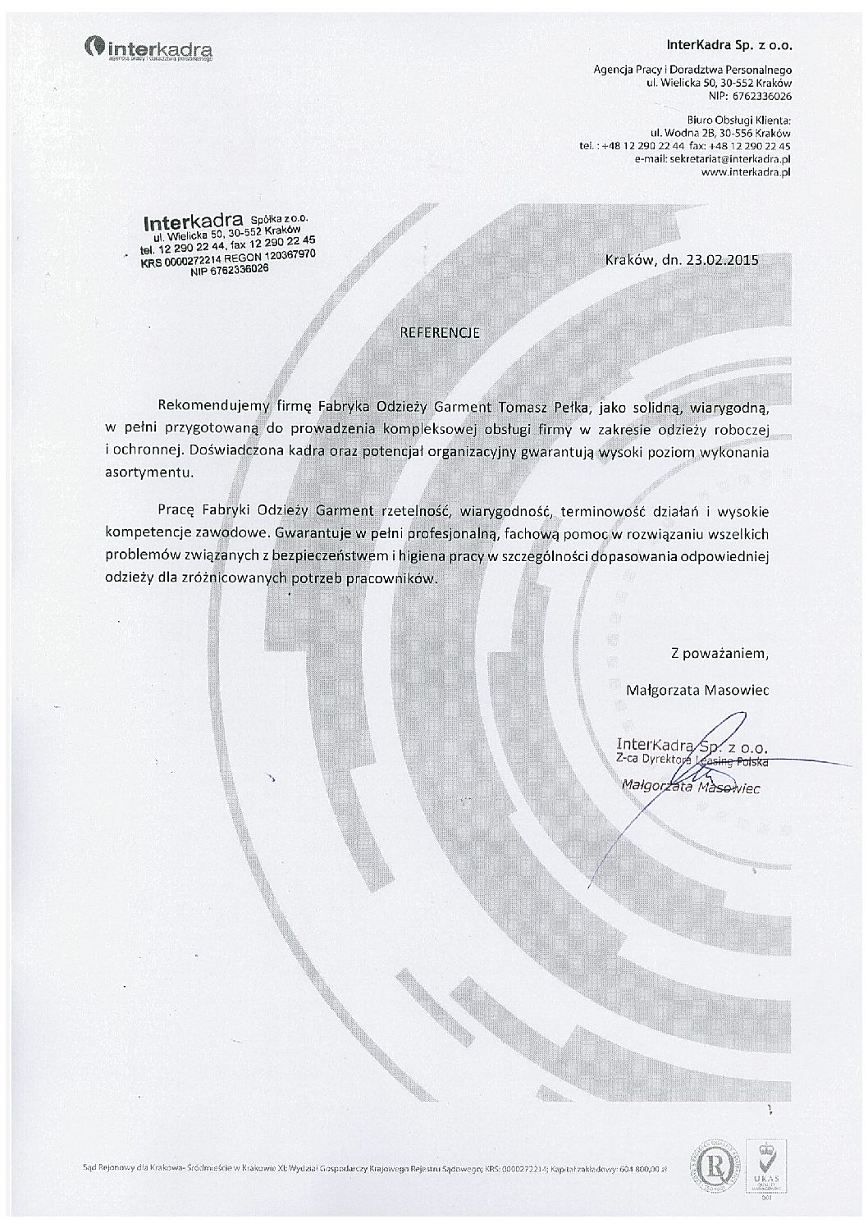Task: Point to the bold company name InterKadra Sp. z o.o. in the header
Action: pos(729,44)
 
